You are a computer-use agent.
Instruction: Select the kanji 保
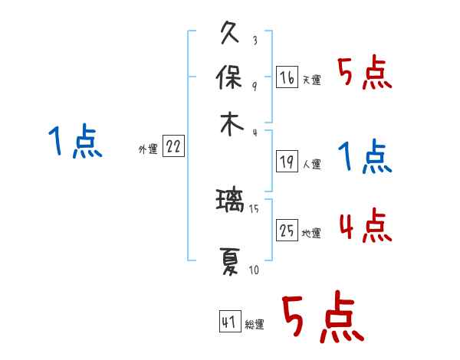(231, 78)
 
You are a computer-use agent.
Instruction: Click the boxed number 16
(287, 77)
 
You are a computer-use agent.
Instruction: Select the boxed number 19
(287, 162)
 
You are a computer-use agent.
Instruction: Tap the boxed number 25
(287, 231)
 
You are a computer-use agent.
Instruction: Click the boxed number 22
(173, 147)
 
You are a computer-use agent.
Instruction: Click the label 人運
(312, 164)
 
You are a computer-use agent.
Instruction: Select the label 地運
(312, 234)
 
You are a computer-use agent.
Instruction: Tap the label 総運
(255, 325)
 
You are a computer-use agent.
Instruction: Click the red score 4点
(365, 227)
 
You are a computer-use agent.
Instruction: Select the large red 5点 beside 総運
(323, 319)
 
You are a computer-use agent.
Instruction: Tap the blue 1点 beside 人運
(365, 158)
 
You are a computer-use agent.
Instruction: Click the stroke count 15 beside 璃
(254, 208)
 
